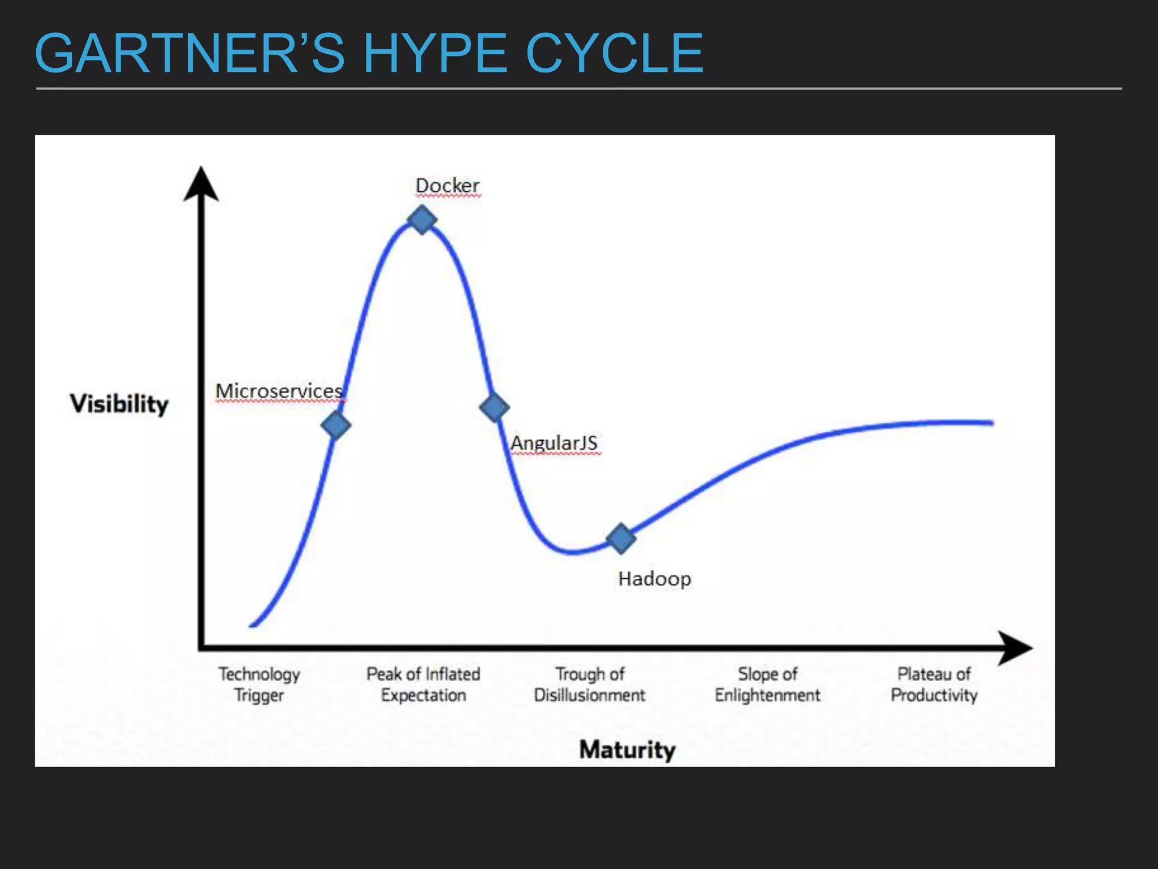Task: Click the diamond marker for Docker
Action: pos(422,220)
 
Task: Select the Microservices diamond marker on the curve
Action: pos(336,425)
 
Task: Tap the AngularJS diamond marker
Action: pos(494,407)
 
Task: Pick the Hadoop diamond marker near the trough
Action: pos(621,538)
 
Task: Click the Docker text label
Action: pos(447,186)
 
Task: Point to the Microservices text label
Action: pos(279,391)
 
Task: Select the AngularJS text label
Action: pos(554,443)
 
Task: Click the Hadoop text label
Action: pos(654,579)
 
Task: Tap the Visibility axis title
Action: pos(119,404)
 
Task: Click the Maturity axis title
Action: pos(628,750)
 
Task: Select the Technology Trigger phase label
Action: pos(259,685)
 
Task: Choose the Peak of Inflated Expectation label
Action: pos(424,685)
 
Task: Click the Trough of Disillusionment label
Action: pos(589,685)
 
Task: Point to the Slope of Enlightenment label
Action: pos(767,685)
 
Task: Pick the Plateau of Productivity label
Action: pos(934,685)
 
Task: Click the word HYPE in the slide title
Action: pos(435,53)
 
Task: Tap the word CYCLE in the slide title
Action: pos(615,53)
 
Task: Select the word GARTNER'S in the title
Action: pos(189,53)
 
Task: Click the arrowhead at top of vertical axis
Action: pos(201,184)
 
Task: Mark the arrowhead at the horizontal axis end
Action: pos(1015,648)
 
